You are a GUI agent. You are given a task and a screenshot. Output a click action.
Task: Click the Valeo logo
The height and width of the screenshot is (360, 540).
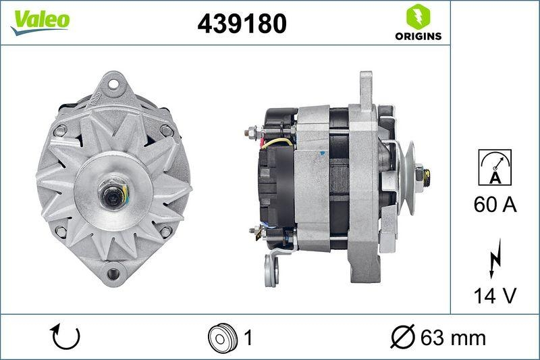tap(39, 20)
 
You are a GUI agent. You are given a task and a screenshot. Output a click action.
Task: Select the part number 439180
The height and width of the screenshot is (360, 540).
tap(242, 24)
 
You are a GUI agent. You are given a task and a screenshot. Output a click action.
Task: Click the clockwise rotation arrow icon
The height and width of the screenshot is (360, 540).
tap(65, 336)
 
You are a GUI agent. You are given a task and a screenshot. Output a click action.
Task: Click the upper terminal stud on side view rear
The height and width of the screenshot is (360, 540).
tap(251, 131)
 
